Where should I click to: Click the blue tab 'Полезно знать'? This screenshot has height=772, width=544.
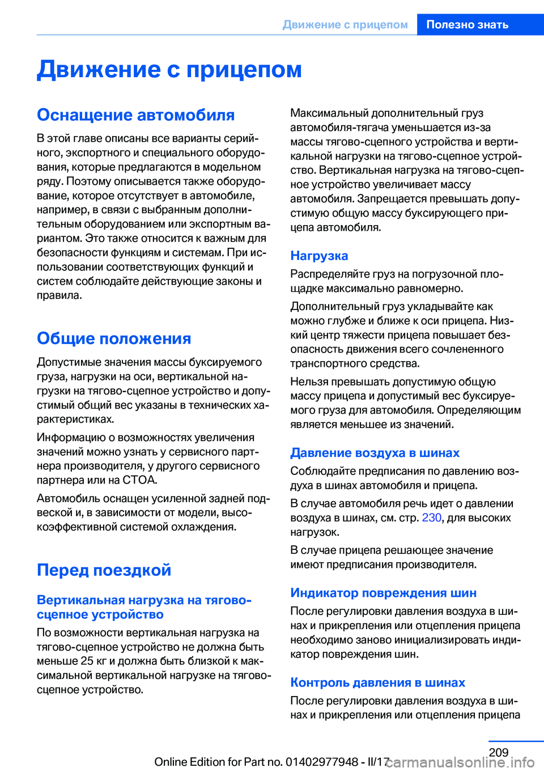pyautogui.click(x=467, y=24)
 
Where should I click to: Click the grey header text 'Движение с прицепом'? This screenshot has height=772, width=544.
pyautogui.click(x=345, y=24)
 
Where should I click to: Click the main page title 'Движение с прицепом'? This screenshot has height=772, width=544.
pyautogui.click(x=169, y=69)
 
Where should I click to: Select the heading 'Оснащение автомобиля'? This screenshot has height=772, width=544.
pyautogui.click(x=135, y=114)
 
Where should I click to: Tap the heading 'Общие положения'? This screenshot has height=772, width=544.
pyautogui.click(x=114, y=338)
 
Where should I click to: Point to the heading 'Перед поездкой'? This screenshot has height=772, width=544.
pyautogui.click(x=104, y=570)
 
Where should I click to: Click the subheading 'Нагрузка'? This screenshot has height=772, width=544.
pyautogui.click(x=319, y=256)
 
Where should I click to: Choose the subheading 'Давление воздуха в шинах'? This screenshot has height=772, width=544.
pyautogui.click(x=375, y=453)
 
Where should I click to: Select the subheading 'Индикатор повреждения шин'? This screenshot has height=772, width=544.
pyautogui.click(x=383, y=593)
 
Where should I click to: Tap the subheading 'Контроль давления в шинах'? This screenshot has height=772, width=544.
pyautogui.click(x=377, y=682)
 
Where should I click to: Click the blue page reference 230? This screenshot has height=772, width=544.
pyautogui.click(x=431, y=518)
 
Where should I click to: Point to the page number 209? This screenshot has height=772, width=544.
pyautogui.click(x=499, y=752)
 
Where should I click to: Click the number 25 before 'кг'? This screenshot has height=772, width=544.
pyautogui.click(x=87, y=661)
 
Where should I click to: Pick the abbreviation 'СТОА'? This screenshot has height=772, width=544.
pyautogui.click(x=139, y=480)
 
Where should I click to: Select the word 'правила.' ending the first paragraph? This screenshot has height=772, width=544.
pyautogui.click(x=59, y=295)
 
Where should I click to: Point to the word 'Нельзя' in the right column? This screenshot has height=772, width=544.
pyautogui.click(x=308, y=381)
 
